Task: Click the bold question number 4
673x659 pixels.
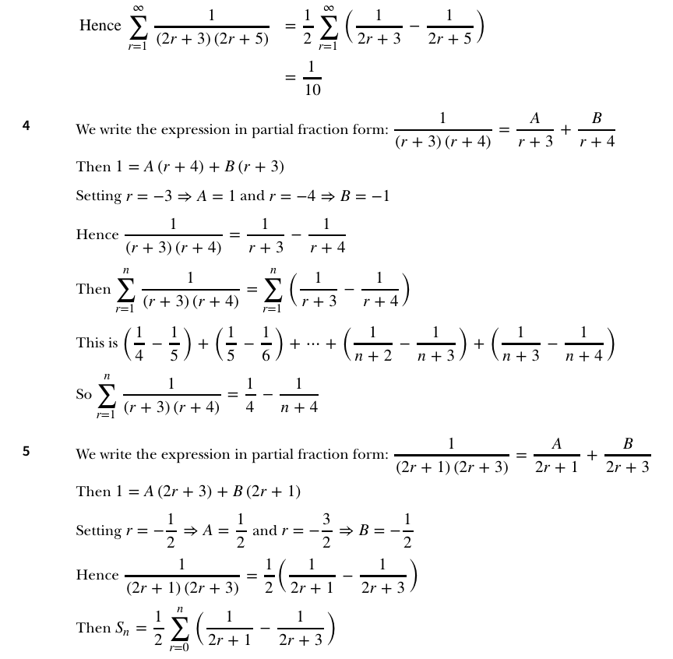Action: click(26, 125)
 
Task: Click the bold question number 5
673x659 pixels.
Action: click(26, 449)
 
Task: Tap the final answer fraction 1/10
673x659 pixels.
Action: click(312, 78)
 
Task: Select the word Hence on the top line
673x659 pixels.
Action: click(100, 26)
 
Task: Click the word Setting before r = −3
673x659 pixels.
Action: click(99, 196)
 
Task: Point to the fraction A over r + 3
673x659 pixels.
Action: click(534, 129)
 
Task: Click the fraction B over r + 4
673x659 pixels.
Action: click(597, 129)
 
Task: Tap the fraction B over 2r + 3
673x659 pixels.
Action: click(627, 455)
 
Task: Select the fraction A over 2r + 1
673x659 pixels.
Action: click(557, 455)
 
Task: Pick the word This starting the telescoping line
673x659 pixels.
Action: click(90, 344)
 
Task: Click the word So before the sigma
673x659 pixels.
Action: click(84, 394)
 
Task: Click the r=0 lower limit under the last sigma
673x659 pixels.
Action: click(179, 648)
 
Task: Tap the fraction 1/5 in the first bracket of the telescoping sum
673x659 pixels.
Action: click(175, 344)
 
